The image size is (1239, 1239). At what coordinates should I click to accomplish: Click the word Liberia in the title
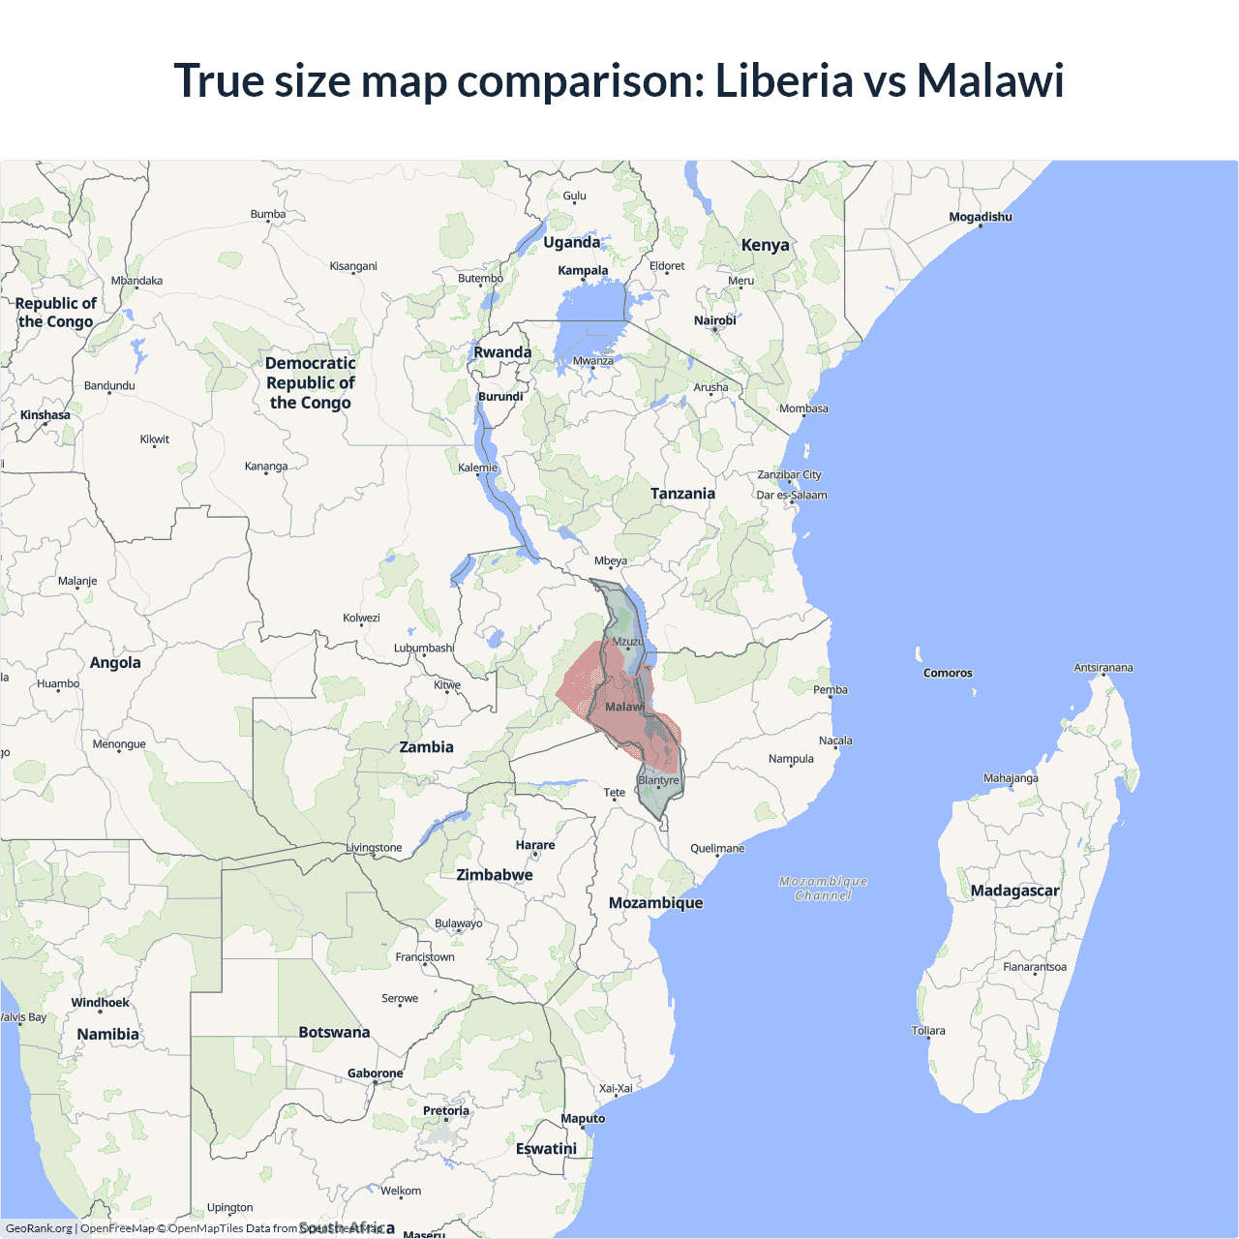(783, 80)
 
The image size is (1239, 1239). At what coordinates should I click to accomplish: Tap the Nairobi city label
(714, 320)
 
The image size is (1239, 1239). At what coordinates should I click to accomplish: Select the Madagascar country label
(1014, 891)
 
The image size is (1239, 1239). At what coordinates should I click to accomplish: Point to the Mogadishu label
(981, 217)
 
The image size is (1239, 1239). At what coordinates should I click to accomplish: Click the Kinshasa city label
(45, 415)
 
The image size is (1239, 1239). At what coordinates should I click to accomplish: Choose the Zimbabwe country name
(495, 875)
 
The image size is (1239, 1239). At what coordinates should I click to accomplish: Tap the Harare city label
(535, 845)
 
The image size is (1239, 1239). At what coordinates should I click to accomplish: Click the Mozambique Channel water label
(823, 889)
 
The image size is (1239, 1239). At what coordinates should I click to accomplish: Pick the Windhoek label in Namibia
(100, 1003)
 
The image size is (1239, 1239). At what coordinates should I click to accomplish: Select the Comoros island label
(948, 673)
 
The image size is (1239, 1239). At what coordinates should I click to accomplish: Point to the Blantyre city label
(658, 780)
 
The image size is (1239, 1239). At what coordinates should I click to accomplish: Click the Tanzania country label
(682, 494)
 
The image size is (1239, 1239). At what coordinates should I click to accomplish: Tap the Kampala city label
(583, 271)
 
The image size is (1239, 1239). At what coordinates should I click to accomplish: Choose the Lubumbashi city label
(424, 649)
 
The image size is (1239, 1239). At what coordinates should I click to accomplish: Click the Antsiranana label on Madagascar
(1103, 668)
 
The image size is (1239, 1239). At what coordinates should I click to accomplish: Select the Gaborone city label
(376, 1073)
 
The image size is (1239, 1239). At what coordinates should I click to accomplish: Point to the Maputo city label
(583, 1119)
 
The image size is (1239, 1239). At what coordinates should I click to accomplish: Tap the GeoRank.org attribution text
(39, 1228)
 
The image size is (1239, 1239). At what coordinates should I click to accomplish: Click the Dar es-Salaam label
(792, 495)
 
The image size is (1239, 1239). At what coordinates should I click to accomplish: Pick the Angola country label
(115, 663)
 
